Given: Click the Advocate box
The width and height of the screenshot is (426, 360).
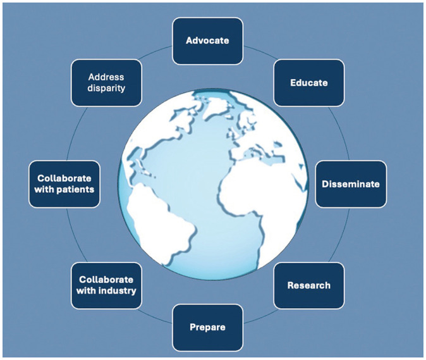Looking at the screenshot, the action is [x=207, y=40].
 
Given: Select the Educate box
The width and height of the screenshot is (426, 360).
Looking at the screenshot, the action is [x=308, y=82].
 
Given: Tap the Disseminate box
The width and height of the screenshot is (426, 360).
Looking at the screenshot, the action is [x=351, y=184].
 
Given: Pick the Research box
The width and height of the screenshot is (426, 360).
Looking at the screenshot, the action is [x=308, y=285].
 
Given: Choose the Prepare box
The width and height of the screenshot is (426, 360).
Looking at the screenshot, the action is [x=207, y=327].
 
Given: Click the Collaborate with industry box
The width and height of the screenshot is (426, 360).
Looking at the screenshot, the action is [x=106, y=285].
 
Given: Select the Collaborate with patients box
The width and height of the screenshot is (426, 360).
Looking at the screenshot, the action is [x=64, y=184].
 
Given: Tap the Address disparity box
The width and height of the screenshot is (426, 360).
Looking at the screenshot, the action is [x=106, y=82].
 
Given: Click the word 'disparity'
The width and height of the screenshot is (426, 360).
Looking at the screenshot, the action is [x=106, y=89].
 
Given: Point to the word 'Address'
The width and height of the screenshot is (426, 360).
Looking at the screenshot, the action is [x=106, y=77].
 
